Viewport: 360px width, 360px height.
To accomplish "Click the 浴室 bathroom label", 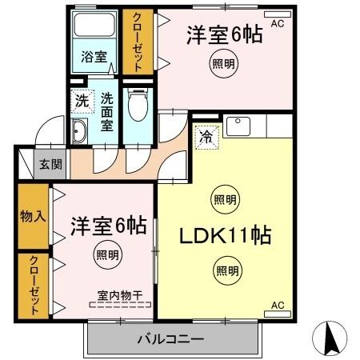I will (94, 57).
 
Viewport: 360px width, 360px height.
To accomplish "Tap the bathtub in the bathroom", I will (94, 30).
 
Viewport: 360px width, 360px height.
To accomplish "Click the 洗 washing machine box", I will (82, 102).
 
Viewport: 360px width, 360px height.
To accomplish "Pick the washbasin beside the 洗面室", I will (81, 133).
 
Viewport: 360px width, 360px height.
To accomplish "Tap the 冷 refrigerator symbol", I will (206, 137).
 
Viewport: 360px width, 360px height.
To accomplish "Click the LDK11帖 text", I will (227, 236).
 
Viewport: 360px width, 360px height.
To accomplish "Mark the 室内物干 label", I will (120, 295).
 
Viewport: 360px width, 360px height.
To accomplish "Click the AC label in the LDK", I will (277, 306).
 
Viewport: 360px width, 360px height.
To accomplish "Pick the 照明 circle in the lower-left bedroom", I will (107, 255).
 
